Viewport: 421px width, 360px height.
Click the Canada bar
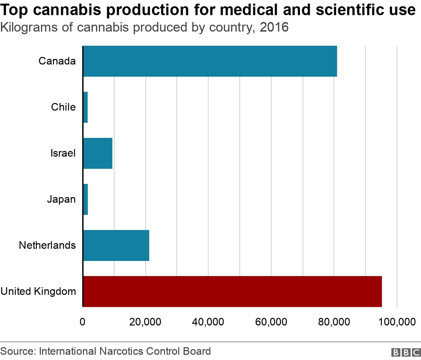coord(210,61)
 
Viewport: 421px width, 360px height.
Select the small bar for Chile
coord(86,107)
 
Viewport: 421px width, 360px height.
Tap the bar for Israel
coord(98,153)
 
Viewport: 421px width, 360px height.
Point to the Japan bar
coord(86,199)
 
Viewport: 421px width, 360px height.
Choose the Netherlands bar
coord(116,245)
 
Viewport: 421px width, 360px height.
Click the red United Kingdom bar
coord(232,292)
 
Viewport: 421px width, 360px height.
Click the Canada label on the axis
coord(57,61)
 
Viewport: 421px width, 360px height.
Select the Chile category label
coord(63,107)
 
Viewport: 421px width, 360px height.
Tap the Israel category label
coord(63,153)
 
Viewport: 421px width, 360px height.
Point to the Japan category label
coord(61,199)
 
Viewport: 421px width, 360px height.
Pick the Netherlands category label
coord(47,245)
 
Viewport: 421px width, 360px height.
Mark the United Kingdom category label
coord(38,292)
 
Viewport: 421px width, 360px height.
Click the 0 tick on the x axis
coord(83,322)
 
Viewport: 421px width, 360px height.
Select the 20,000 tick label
coord(145,322)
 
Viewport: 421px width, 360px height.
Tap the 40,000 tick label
coord(208,322)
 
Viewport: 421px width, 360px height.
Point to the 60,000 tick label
coord(271,322)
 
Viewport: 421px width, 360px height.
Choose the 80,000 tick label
coord(334,322)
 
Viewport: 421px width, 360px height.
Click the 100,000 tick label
coord(397,322)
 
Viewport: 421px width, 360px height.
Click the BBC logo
coord(406,352)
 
